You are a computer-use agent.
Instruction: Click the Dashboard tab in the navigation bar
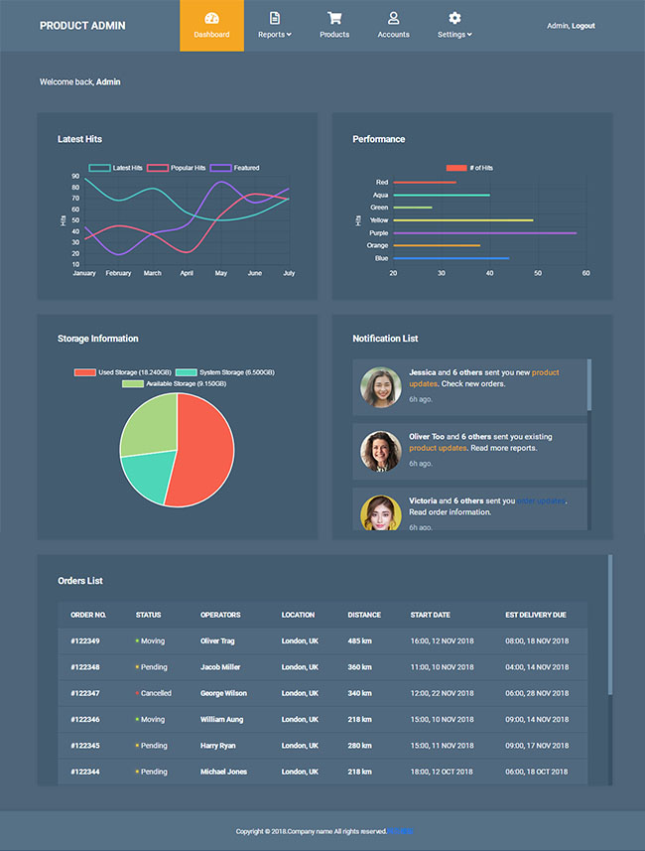[x=211, y=25]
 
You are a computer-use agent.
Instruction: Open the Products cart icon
[x=334, y=18]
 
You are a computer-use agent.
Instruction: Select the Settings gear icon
[x=454, y=18]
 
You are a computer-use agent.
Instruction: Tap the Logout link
[x=583, y=26]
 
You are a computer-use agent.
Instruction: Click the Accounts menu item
[x=393, y=25]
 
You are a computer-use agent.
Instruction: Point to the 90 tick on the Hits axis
[x=75, y=176]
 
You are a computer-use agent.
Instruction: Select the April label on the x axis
[x=187, y=273]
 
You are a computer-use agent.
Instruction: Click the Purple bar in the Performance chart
[x=484, y=232]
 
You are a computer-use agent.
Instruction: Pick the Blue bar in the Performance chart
[x=451, y=258]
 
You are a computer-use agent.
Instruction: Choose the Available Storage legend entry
[x=175, y=383]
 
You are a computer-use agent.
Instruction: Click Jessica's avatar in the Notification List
[x=381, y=388]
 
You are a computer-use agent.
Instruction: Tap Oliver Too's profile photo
[x=381, y=451]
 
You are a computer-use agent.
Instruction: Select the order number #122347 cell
[x=85, y=693]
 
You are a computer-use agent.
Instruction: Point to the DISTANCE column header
[x=364, y=615]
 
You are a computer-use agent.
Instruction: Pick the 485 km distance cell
[x=360, y=640]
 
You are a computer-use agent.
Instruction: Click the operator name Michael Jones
[x=222, y=772]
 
